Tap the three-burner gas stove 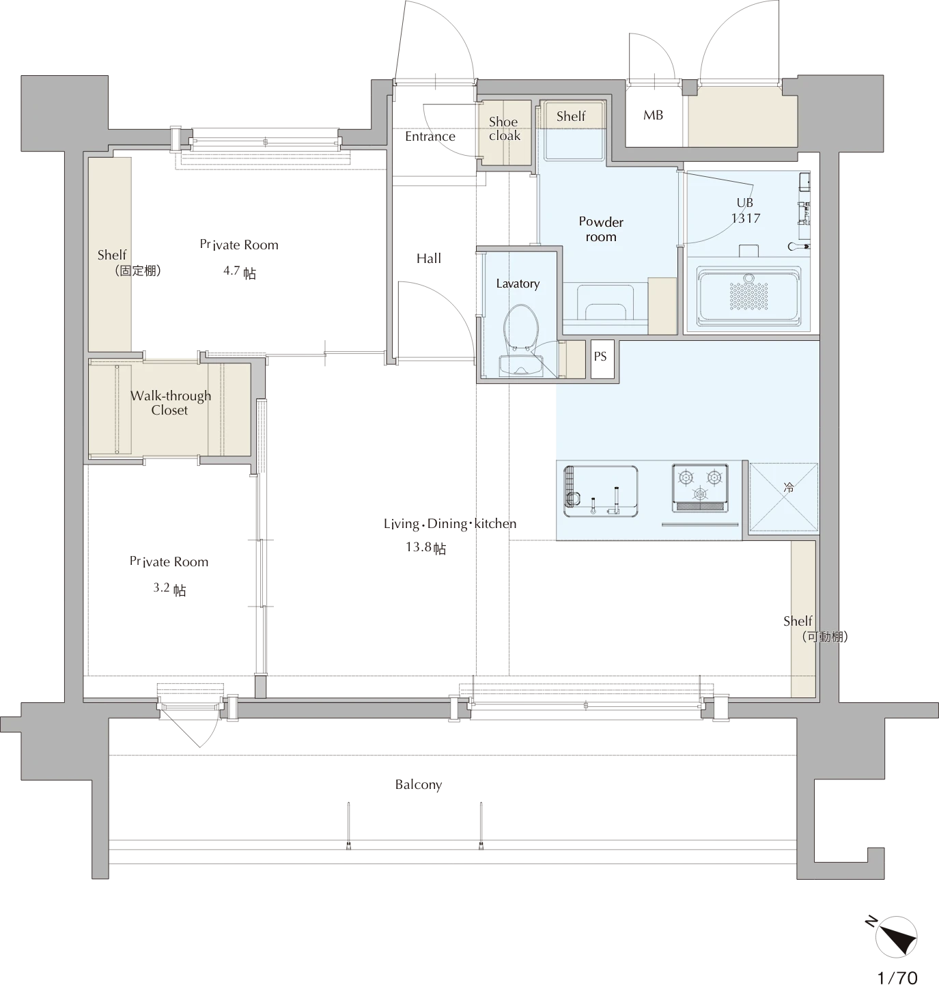tap(699, 488)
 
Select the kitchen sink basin tap(600, 491)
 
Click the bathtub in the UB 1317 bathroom tap(748, 296)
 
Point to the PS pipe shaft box tap(602, 359)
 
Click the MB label tap(653, 115)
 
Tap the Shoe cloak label tap(504, 129)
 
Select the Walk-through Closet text tap(170, 403)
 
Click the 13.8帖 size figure tap(425, 547)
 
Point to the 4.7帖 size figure tap(240, 272)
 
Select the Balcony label tap(419, 784)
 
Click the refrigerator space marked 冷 tap(784, 497)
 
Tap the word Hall tap(429, 258)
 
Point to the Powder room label tap(601, 229)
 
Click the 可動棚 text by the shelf tap(824, 637)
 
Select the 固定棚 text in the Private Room tap(138, 271)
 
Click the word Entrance tap(430, 137)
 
